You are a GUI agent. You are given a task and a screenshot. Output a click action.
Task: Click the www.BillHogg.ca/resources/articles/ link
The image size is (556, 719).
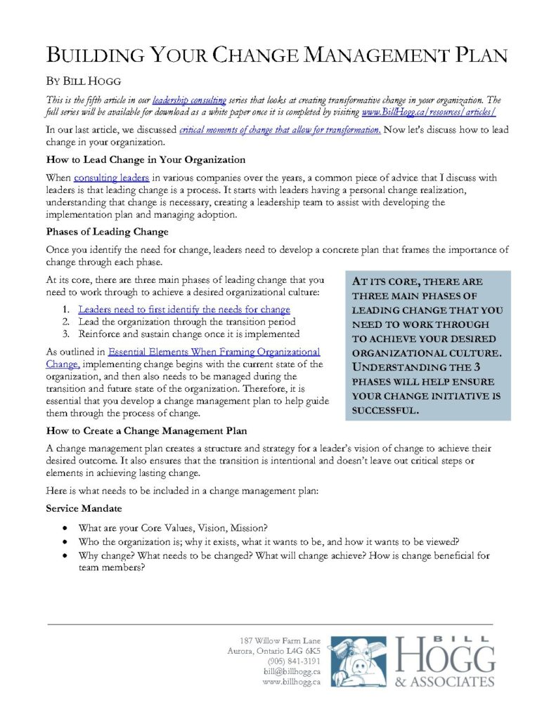[429, 112]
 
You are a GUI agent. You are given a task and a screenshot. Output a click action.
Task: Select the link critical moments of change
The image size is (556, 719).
[280, 130]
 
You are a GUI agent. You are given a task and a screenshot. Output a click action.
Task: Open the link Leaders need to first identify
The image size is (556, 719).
[183, 309]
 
